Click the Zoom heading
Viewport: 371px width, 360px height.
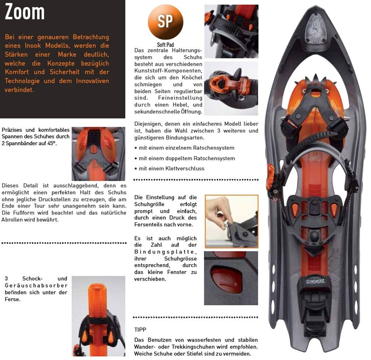pyautogui.click(x=25, y=12)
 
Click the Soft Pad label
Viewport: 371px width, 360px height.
pyautogui.click(x=165, y=45)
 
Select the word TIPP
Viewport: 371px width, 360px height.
pyautogui.click(x=140, y=329)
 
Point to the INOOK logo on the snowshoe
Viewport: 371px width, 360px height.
pyautogui.click(x=313, y=283)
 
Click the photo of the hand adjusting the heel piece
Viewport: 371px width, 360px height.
pyautogui.click(x=232, y=222)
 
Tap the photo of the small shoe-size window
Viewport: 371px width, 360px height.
pyautogui.click(x=231, y=278)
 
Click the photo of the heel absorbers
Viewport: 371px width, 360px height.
pyautogui.click(x=98, y=316)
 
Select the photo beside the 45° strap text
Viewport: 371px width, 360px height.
pyautogui.click(x=98, y=153)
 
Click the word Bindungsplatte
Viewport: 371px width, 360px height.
pyautogui.click(x=165, y=252)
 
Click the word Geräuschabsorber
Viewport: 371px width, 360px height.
pyautogui.click(x=36, y=286)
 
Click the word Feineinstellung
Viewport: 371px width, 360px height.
pyautogui.click(x=180, y=98)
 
